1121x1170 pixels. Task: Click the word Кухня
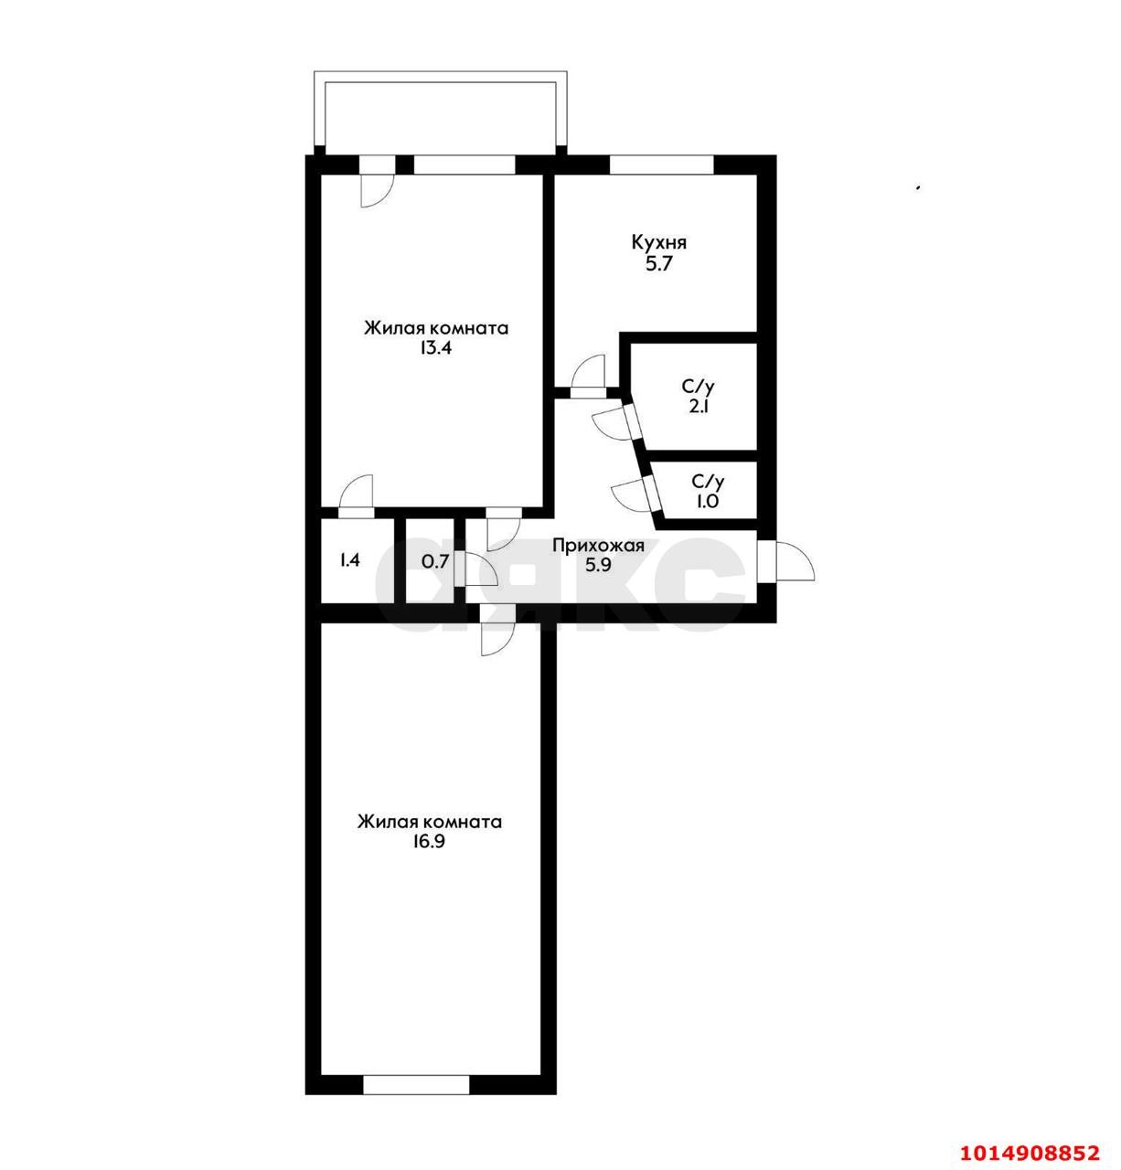(x=658, y=243)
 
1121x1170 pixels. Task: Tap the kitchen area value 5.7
(x=658, y=264)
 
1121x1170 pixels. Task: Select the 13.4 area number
(x=436, y=348)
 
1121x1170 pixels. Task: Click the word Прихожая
(x=598, y=547)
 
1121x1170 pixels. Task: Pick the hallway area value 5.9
(x=598, y=566)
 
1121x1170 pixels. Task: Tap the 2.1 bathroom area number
(x=699, y=407)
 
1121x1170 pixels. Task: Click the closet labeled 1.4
(x=349, y=560)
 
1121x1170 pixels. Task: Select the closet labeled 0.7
(x=435, y=561)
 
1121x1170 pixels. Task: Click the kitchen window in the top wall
(x=661, y=165)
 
